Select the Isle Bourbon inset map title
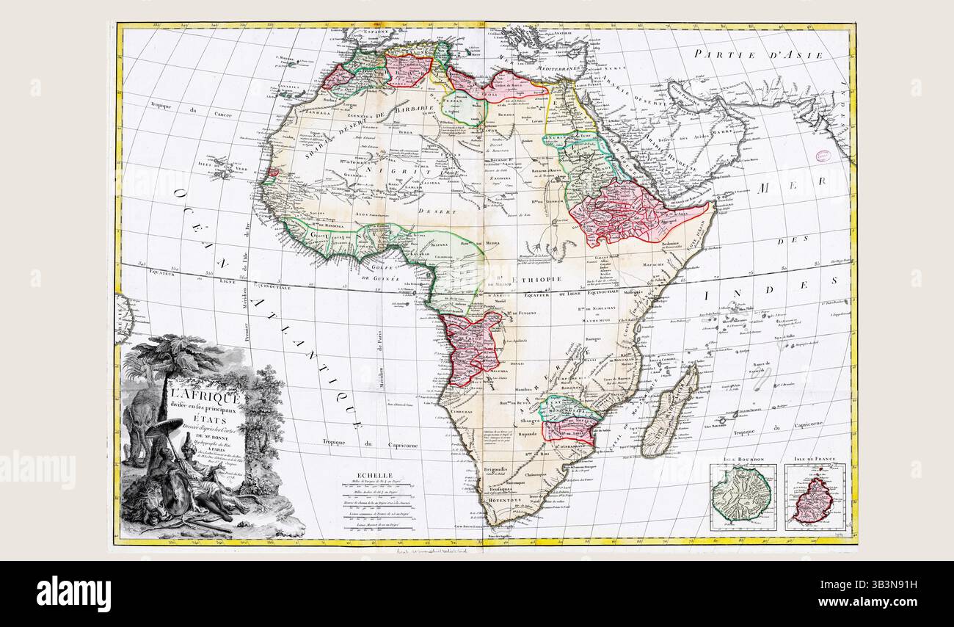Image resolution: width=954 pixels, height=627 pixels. (x=742, y=459)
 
